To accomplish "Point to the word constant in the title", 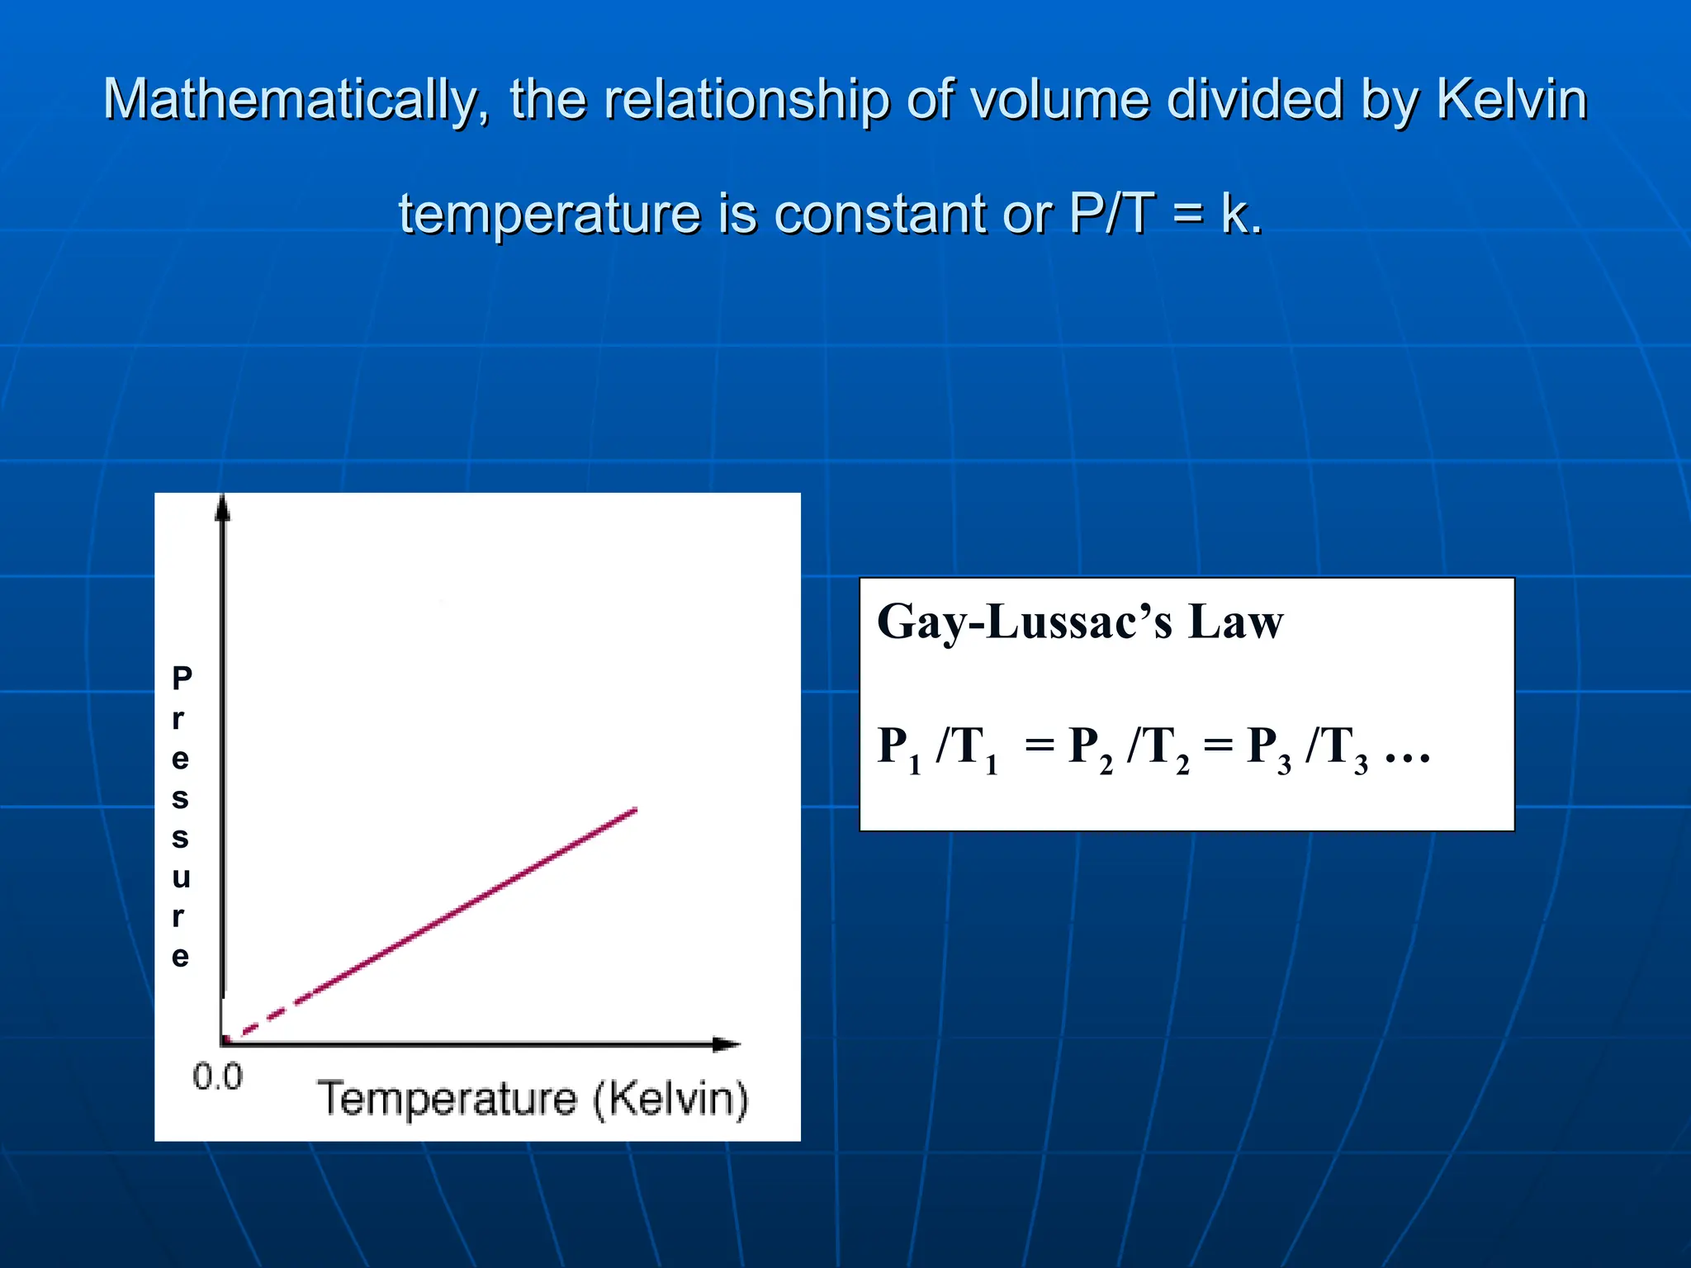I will point(880,215).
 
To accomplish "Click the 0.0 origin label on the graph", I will point(217,1077).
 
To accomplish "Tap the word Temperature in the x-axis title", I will point(447,1100).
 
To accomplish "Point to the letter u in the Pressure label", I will point(182,878).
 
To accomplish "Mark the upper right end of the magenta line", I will point(634,811).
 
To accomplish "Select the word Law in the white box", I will point(1235,622).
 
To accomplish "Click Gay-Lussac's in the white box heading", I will point(1024,622).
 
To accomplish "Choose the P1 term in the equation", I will point(898,748).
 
